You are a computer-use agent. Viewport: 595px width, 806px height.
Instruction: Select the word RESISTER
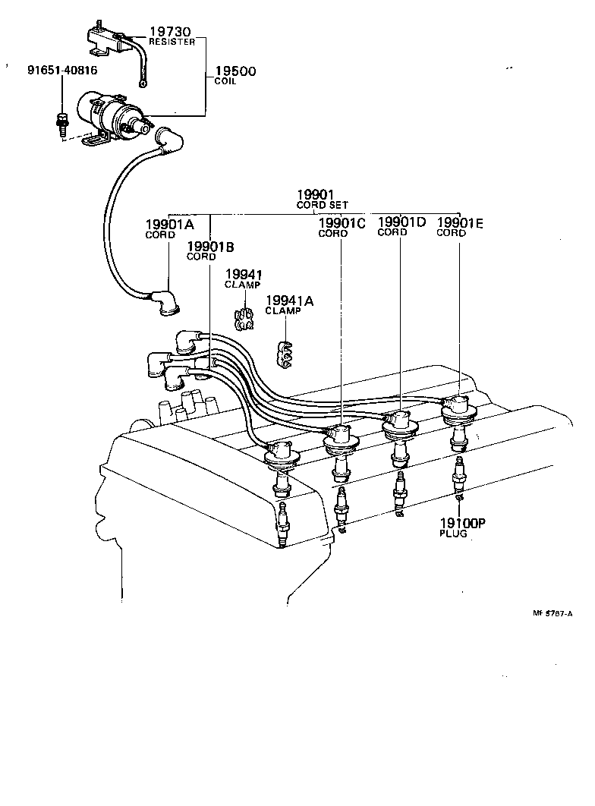[x=172, y=42]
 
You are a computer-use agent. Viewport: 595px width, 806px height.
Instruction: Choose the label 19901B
[x=210, y=246]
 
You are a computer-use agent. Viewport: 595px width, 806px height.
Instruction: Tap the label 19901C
[x=341, y=223]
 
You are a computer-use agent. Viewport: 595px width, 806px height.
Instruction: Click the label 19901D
[x=401, y=222]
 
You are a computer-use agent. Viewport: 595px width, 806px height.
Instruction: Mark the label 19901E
[x=460, y=222]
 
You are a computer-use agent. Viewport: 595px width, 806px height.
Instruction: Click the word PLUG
[x=453, y=534]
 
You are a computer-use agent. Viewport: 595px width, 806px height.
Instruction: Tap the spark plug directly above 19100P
[x=459, y=477]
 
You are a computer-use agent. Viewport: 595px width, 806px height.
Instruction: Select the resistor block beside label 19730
[x=102, y=38]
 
